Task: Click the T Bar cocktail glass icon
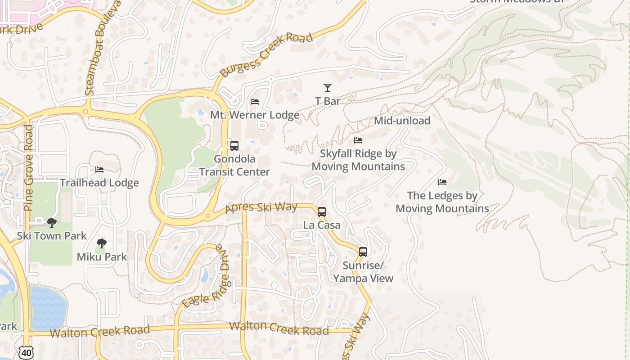[328, 88]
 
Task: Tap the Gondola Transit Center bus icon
[234, 146]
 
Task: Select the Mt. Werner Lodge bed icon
[255, 102]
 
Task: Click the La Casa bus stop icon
[322, 212]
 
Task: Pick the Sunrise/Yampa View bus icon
[363, 252]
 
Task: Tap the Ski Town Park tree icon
[52, 223]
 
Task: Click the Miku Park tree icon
[102, 244]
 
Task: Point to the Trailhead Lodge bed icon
[99, 170]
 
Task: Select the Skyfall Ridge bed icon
[358, 140]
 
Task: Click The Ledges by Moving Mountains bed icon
[442, 182]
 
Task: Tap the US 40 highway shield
[27, 353]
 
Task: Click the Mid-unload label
[402, 121]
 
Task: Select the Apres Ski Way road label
[261, 207]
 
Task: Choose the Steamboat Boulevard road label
[103, 49]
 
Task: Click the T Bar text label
[328, 101]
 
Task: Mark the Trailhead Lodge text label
[99, 183]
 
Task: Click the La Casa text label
[322, 225]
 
